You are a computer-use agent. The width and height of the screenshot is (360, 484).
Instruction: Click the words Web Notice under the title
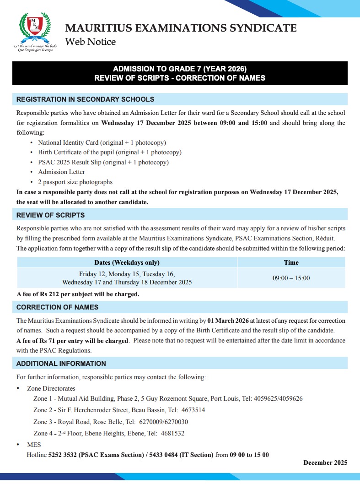pos(91,42)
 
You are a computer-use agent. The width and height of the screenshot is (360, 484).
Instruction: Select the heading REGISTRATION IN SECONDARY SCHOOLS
pos(85,99)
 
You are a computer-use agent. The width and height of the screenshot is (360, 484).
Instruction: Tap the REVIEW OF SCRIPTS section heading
pos(50,215)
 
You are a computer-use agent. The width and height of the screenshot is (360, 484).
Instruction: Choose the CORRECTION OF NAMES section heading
pos(57,307)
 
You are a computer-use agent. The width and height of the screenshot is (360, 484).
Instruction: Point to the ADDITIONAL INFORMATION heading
pos(61,364)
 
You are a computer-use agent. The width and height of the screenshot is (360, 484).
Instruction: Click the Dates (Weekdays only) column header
pos(127,262)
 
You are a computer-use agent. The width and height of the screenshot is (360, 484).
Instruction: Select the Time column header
pos(291,262)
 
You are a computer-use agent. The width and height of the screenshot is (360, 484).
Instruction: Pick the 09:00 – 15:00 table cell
pos(291,278)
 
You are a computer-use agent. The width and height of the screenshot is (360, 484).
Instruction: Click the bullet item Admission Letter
pos(61,172)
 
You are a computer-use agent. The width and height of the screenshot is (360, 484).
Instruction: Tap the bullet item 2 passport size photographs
pos(75,182)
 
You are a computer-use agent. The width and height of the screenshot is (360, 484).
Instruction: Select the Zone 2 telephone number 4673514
pos(193,410)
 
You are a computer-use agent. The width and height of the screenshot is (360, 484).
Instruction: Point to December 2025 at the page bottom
pos(325,462)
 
